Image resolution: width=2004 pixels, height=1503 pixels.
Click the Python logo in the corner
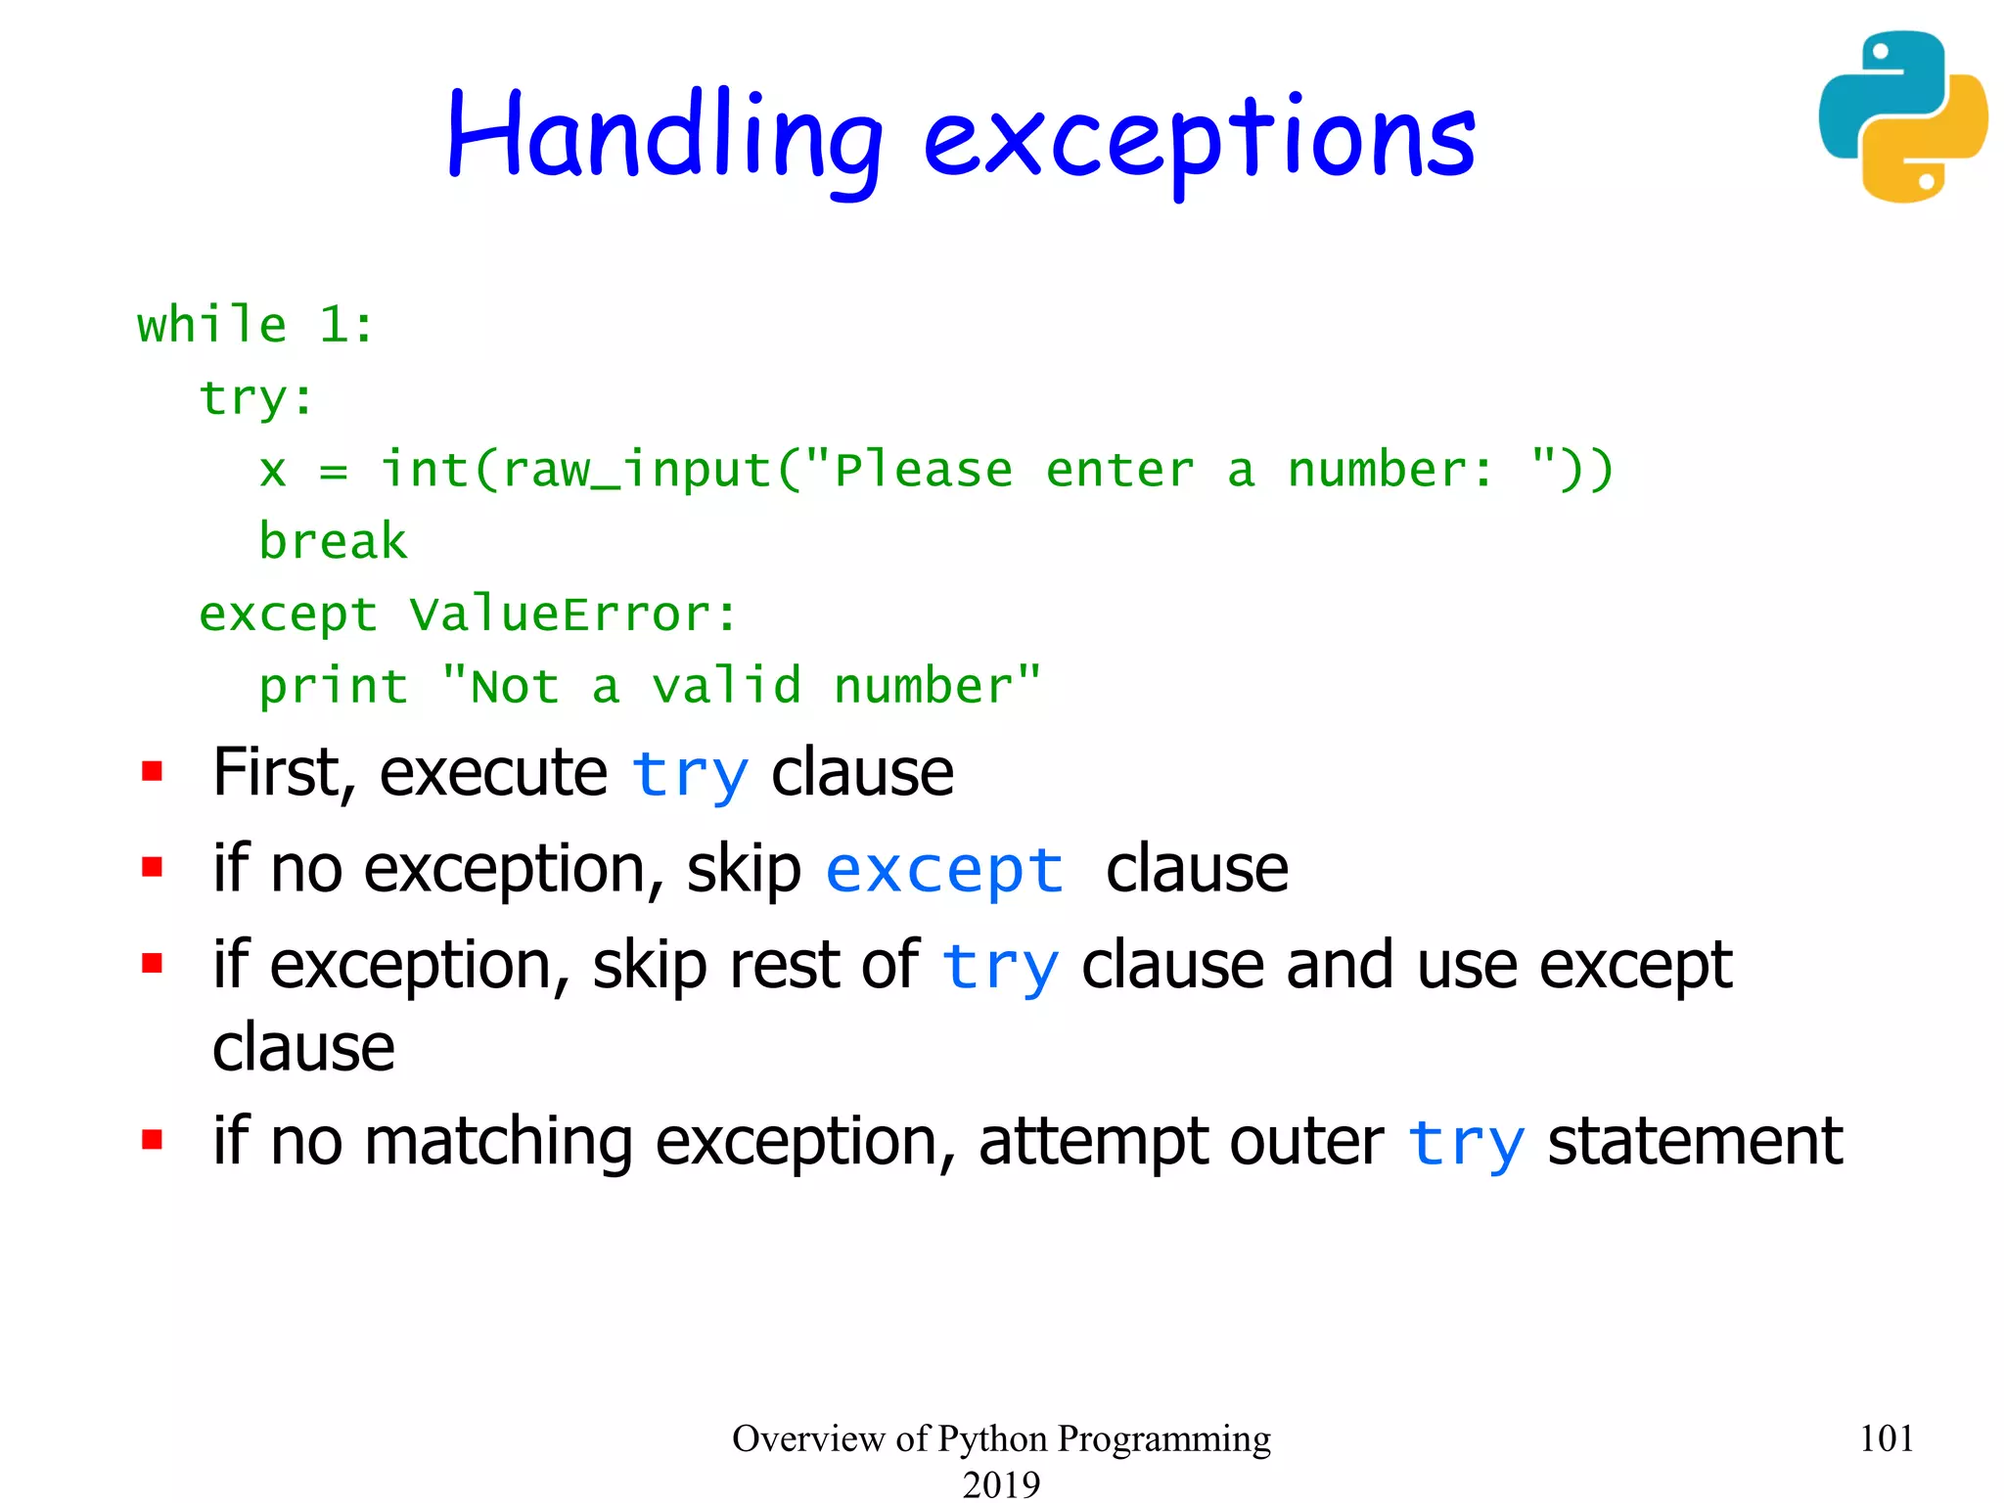click(x=1902, y=116)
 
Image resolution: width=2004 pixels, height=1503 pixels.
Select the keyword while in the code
click(x=212, y=325)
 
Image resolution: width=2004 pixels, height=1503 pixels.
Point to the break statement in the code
click(x=333, y=542)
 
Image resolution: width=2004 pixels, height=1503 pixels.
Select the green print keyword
click(x=333, y=686)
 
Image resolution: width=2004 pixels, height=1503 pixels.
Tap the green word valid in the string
click(x=727, y=685)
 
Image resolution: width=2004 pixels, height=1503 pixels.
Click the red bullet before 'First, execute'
click(x=152, y=772)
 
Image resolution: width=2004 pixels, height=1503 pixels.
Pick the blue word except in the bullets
click(x=944, y=870)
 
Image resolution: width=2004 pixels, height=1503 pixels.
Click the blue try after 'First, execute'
click(x=690, y=775)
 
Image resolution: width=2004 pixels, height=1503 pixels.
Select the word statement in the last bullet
click(x=1695, y=1142)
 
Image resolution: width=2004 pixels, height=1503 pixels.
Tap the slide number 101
click(x=1886, y=1438)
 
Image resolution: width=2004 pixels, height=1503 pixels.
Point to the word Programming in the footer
click(x=1163, y=1439)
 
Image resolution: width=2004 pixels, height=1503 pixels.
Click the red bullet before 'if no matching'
click(x=152, y=1140)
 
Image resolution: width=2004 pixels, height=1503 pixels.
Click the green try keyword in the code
click(x=243, y=398)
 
